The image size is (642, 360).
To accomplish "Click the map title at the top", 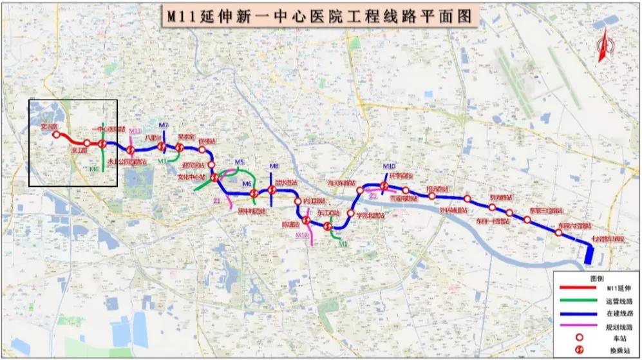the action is click(320, 14).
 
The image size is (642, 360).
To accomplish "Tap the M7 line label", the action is click(164, 124).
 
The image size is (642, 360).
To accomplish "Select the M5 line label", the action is click(240, 162).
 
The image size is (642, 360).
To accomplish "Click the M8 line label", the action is click(274, 166).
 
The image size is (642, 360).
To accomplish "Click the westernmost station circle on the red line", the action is click(56, 135).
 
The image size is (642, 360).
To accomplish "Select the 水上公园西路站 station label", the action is click(126, 162).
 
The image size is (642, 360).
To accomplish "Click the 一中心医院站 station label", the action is click(108, 129).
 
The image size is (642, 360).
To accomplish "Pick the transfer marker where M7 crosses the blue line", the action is click(162, 147).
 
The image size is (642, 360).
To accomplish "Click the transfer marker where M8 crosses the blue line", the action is click(272, 189).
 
